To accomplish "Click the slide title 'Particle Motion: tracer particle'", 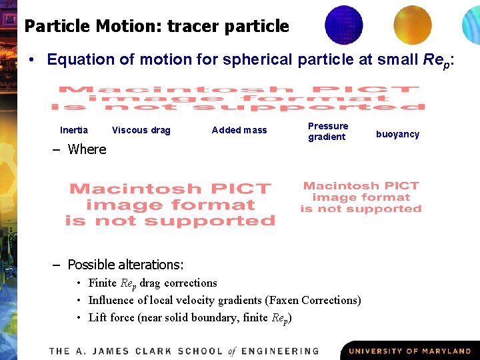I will click(x=157, y=27).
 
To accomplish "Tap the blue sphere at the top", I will click(x=343, y=25).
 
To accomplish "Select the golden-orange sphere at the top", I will click(x=412, y=25).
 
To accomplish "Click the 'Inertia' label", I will click(x=74, y=130).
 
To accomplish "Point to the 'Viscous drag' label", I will click(x=141, y=130).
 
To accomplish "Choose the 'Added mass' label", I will click(x=239, y=130).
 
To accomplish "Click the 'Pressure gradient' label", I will click(x=327, y=131).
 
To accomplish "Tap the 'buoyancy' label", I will click(x=397, y=134).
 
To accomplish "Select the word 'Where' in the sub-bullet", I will click(x=87, y=149).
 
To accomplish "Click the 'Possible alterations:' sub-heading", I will click(x=125, y=265).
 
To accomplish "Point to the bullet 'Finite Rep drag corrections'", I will click(x=153, y=283).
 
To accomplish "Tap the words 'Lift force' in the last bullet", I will click(x=111, y=317).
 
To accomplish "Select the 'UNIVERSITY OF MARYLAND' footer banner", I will click(x=409, y=351).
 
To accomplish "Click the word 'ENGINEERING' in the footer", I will click(x=279, y=351).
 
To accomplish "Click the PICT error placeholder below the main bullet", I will click(x=238, y=98).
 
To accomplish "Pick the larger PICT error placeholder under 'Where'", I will click(x=171, y=205).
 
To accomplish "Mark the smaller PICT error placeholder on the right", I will click(x=361, y=197).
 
